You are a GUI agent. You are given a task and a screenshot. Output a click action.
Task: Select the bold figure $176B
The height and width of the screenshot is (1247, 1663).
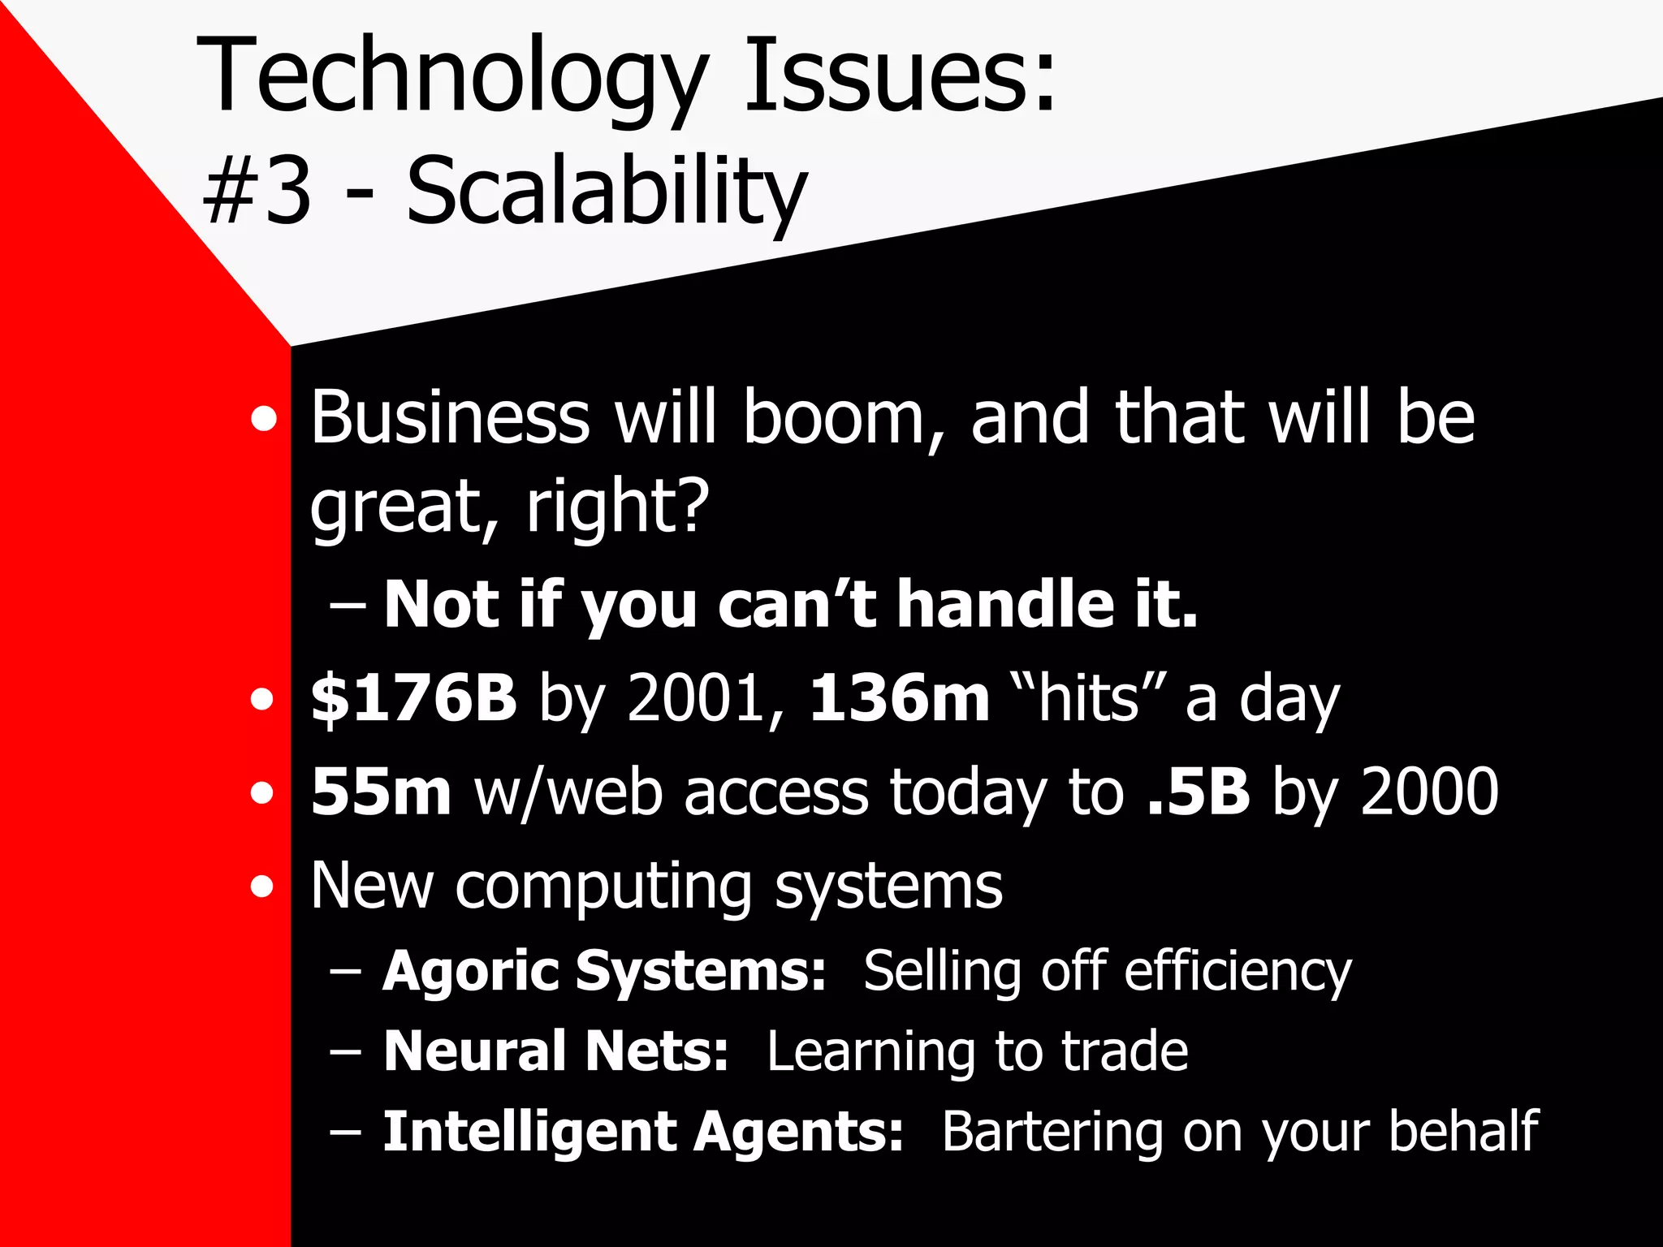click(x=414, y=697)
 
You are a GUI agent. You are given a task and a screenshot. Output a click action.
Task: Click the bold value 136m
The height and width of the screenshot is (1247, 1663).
click(x=900, y=698)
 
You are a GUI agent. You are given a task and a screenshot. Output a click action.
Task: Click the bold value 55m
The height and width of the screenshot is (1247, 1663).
click(x=380, y=792)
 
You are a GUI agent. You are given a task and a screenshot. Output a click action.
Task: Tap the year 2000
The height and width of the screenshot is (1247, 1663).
click(x=1429, y=792)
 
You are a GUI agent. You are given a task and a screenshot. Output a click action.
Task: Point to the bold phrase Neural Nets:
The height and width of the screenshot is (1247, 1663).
click(x=555, y=1051)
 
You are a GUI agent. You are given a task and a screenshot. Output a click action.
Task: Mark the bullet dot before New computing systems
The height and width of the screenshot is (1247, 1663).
click(x=262, y=887)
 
